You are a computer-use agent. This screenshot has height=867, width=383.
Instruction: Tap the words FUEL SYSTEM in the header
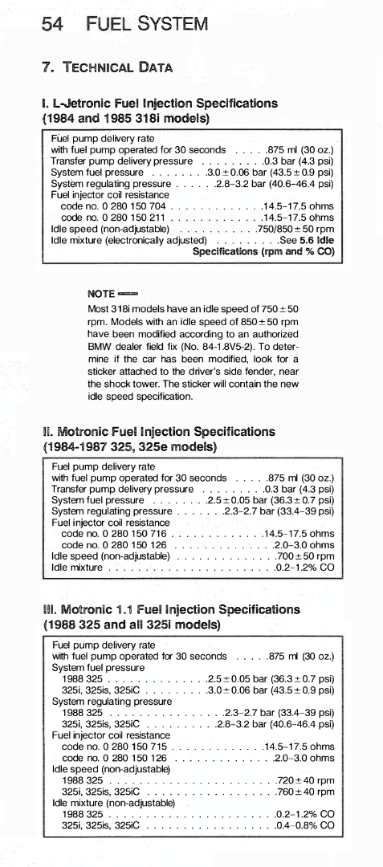coord(148,24)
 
